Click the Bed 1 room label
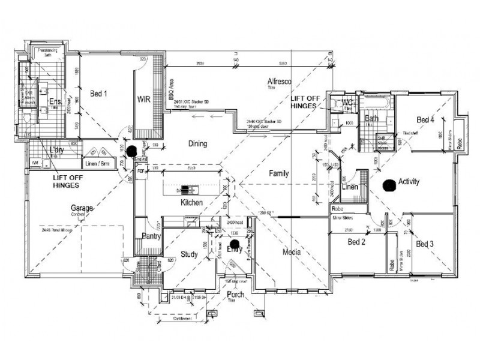(98, 94)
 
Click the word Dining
(197, 144)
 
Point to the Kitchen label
(192, 203)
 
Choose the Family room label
(278, 173)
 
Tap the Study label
(190, 255)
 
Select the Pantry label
(149, 236)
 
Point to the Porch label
(235, 295)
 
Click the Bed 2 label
(356, 242)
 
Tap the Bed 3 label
(424, 244)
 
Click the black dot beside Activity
(389, 186)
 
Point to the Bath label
(372, 119)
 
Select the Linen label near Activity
(350, 187)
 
